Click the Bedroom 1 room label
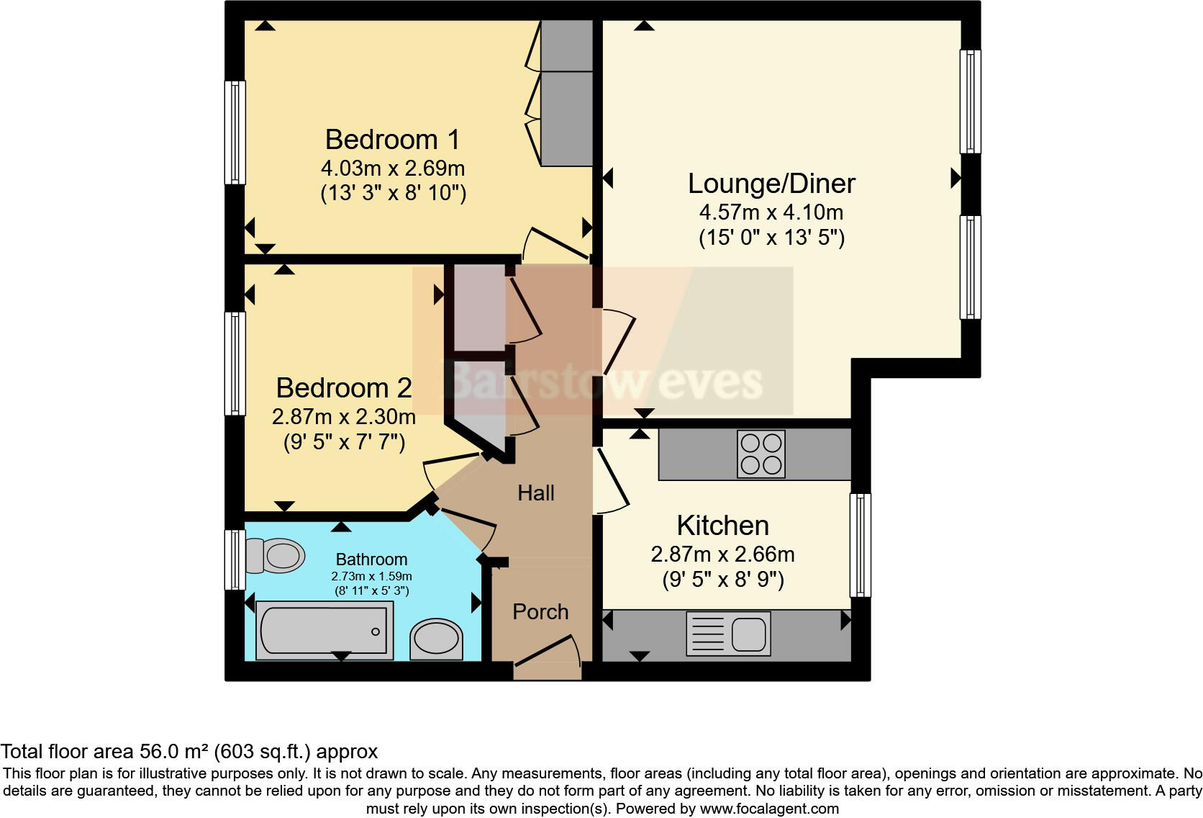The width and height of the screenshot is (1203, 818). click(392, 139)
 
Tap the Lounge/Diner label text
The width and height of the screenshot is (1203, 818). click(771, 183)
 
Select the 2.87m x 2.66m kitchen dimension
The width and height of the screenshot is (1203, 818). click(722, 554)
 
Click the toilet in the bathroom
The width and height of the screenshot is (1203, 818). click(276, 556)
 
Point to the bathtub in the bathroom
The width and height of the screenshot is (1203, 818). click(323, 630)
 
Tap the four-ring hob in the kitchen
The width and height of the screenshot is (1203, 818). click(761, 454)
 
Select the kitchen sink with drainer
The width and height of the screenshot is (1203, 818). click(728, 634)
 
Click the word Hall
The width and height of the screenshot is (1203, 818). click(536, 493)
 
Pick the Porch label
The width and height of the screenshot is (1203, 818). click(540, 612)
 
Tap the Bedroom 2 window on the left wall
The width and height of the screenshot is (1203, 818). click(235, 363)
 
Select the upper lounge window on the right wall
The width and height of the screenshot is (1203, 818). click(971, 102)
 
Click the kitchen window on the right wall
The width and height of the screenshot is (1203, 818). click(861, 545)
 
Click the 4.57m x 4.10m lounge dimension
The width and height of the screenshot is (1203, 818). click(771, 212)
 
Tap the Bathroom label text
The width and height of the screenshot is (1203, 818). click(371, 559)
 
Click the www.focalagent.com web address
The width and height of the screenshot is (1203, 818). click(769, 809)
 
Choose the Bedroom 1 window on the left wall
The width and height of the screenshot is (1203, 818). click(235, 132)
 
